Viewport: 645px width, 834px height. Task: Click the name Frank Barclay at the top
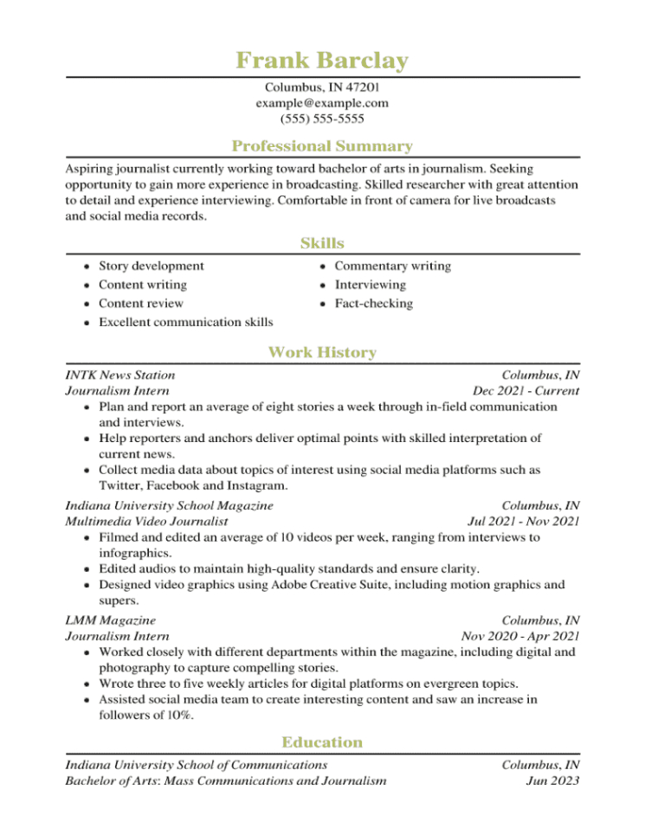322,61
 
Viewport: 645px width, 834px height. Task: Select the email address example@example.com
322,103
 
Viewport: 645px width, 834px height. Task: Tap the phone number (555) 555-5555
322,119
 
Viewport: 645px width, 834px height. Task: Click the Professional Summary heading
322,146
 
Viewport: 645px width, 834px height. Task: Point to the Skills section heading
322,243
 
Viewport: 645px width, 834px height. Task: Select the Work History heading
322,352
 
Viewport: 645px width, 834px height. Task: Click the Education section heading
322,742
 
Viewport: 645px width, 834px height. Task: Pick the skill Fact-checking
373,304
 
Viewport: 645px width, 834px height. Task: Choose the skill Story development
152,266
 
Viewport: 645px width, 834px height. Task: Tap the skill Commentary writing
392,266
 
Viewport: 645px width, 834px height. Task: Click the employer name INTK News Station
120,375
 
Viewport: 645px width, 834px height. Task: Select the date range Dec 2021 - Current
526,391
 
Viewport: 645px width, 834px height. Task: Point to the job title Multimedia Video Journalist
146,522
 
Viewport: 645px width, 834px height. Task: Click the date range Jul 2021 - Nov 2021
523,522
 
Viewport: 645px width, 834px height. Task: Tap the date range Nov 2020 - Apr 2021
520,636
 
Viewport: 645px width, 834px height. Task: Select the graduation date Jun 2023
553,781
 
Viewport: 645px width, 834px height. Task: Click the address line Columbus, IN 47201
322,87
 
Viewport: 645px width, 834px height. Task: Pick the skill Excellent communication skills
185,323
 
